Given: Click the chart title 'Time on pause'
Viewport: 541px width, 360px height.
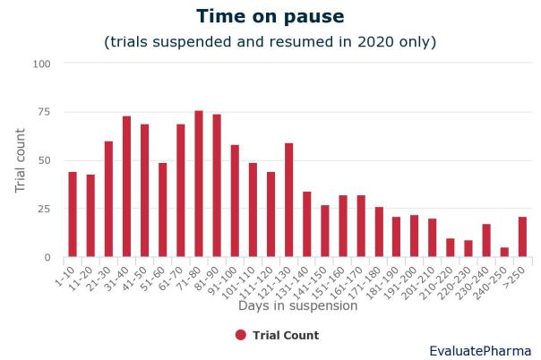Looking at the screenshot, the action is pos(270,16).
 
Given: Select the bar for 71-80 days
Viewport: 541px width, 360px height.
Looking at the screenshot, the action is pos(199,184).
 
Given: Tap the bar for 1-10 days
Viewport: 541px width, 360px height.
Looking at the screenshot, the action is pos(73,214).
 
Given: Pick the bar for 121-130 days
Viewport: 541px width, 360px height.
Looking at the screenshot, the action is pos(288,200).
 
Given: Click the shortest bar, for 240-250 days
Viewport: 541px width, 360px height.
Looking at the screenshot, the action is pos(504,252).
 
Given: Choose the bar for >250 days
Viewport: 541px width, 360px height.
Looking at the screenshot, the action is pos(523,237).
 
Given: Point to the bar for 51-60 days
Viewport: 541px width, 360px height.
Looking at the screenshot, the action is pos(163,210).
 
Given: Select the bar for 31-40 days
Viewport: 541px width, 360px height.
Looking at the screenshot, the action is pos(126,186).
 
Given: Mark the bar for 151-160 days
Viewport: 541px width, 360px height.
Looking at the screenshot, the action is pos(343,227).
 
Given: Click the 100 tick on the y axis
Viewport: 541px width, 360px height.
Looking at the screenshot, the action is pos(41,64).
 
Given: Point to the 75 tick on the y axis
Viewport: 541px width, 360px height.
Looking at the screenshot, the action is pos(44,112).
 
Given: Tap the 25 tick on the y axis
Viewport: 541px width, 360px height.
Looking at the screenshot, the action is pos(44,209).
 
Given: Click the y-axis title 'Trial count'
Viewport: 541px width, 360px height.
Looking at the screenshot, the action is pos(20,160).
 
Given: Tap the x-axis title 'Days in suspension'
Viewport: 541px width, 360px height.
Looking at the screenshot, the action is pos(297,306).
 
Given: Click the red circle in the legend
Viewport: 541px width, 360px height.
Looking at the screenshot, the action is pos(241,335).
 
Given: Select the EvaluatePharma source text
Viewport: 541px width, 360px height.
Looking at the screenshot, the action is pos(480,351).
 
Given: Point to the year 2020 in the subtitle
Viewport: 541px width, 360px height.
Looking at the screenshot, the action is pos(375,42).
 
